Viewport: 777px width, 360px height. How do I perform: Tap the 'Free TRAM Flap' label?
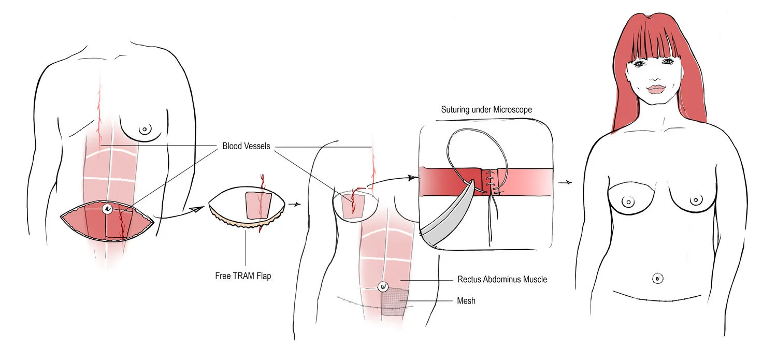pos(243,276)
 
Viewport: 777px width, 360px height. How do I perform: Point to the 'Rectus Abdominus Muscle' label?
pos(502,279)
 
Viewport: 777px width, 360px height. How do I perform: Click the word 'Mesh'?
pos(466,300)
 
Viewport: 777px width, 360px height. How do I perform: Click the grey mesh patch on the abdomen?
pos(395,303)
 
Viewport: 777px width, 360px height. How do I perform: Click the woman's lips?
pos(655,89)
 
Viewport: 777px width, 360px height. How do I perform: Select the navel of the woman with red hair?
pos(657,278)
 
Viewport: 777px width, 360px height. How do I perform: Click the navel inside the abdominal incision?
pos(108,209)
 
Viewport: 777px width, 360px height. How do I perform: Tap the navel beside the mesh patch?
pos(383,286)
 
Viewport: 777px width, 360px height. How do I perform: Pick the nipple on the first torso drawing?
pos(146,129)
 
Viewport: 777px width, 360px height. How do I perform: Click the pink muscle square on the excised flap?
pos(257,205)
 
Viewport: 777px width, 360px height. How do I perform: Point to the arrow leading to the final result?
pos(565,182)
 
